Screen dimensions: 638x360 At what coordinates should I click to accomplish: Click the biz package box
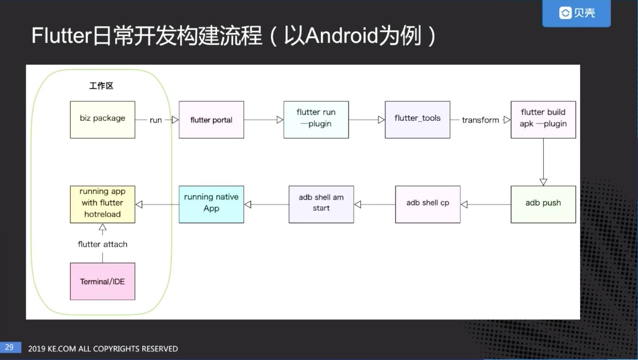click(102, 120)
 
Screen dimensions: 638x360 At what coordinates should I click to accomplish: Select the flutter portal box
click(211, 120)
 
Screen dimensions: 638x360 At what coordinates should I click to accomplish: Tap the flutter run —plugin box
click(316, 120)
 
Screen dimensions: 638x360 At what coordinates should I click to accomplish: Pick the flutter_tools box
click(418, 120)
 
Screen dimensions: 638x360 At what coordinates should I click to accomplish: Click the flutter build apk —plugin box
click(543, 120)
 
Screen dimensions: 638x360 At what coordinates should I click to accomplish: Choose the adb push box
click(543, 204)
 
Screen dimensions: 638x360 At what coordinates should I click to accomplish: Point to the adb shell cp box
click(428, 204)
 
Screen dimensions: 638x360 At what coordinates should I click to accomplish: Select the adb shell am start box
click(321, 204)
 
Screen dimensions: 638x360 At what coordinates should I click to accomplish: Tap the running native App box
click(211, 204)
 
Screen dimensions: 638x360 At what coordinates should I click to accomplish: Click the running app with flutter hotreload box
click(102, 204)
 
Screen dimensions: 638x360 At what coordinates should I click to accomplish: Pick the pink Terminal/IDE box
click(102, 281)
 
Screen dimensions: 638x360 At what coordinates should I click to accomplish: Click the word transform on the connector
click(481, 120)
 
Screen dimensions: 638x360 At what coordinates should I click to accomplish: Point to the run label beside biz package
click(156, 120)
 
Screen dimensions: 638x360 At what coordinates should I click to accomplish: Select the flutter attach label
click(102, 244)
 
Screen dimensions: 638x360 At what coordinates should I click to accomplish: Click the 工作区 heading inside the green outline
click(101, 86)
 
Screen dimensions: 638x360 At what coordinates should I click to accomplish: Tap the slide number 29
click(9, 347)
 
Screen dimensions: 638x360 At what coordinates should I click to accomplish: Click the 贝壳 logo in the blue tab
click(577, 13)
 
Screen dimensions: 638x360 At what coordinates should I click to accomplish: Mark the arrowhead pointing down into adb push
click(543, 182)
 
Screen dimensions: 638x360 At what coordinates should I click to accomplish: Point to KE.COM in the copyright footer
click(62, 349)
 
